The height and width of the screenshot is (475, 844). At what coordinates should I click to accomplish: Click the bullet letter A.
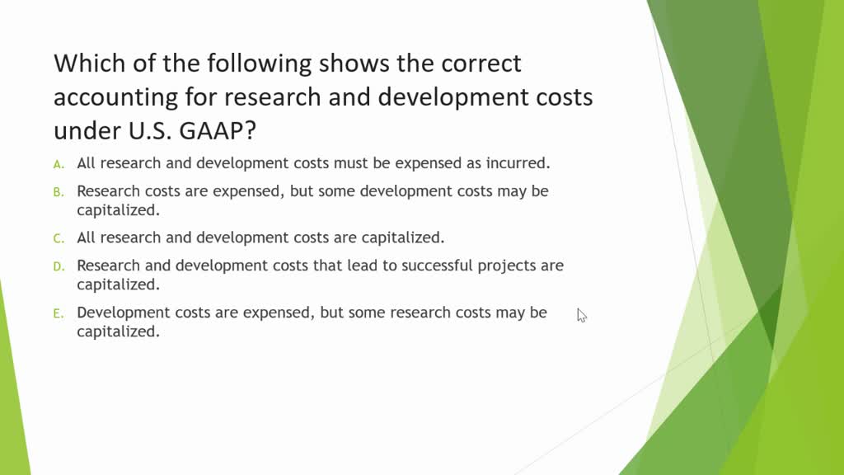coord(59,164)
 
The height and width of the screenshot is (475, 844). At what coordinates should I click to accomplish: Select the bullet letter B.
coord(59,192)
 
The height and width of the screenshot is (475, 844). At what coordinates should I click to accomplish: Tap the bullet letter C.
coord(59,238)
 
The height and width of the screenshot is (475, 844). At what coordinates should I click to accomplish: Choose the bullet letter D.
coord(59,266)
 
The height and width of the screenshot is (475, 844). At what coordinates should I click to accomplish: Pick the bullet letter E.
coord(59,313)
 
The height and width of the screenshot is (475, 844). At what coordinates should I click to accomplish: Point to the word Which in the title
coord(90,63)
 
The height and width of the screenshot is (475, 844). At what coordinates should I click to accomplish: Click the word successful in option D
coord(443,266)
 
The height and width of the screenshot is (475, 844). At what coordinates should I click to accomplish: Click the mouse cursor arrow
coord(581,314)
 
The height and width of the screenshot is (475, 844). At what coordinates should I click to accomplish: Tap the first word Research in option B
coord(108,191)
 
